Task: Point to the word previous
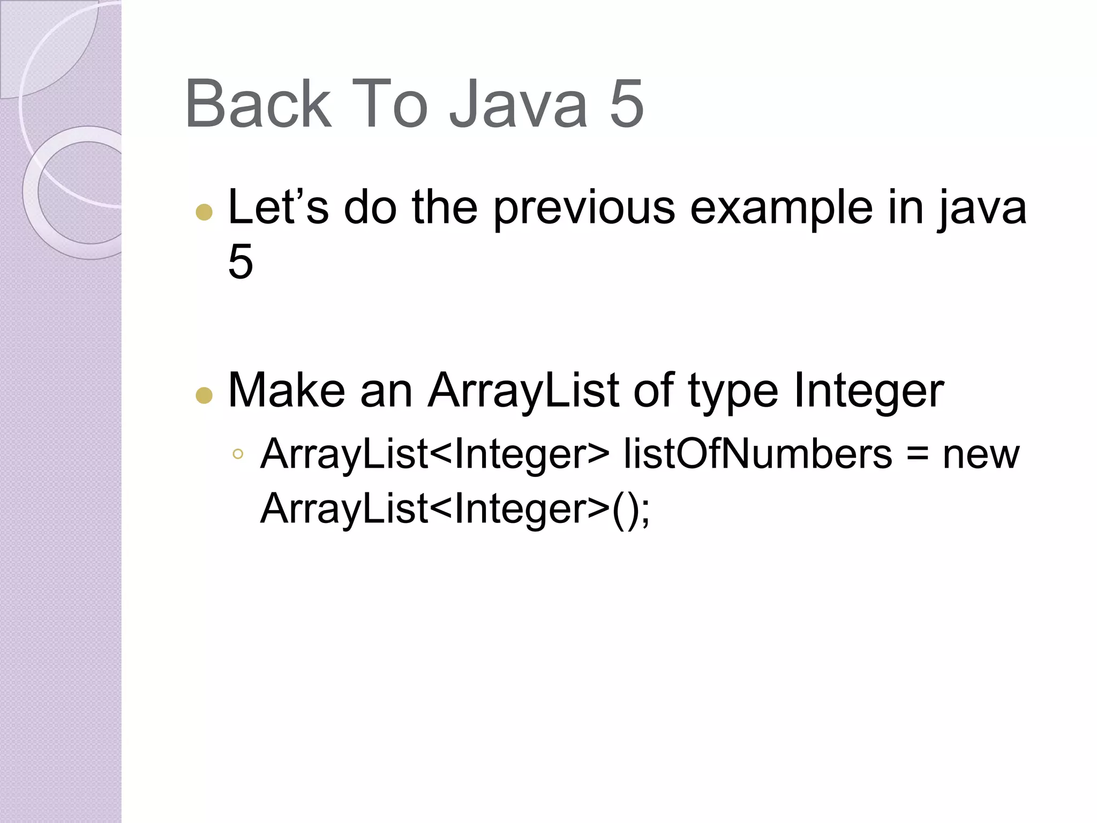(x=584, y=208)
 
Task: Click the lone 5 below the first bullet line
(x=241, y=261)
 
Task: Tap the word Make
(x=287, y=391)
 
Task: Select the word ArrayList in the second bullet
(x=523, y=392)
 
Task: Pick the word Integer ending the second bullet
(x=869, y=392)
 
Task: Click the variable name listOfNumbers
(x=757, y=454)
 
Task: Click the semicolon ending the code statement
(x=644, y=511)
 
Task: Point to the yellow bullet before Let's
(x=204, y=212)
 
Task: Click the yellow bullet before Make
(x=204, y=396)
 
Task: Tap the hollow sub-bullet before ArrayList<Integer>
(x=238, y=455)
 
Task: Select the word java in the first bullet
(x=981, y=208)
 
